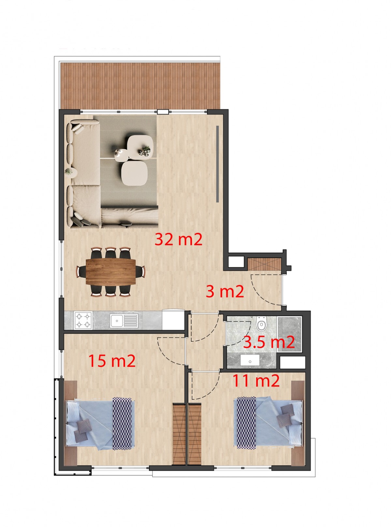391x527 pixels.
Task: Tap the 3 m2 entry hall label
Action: click(x=224, y=292)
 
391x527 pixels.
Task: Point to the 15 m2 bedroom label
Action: click(x=112, y=361)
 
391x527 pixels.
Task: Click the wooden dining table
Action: click(x=111, y=272)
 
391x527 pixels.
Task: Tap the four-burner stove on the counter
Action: click(x=83, y=321)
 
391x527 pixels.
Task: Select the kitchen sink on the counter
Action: click(x=124, y=321)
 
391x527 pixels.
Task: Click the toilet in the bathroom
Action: click(x=261, y=324)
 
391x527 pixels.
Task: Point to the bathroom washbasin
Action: click(x=250, y=360)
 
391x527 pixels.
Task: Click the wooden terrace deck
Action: click(x=140, y=86)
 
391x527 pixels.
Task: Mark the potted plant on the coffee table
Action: click(x=144, y=151)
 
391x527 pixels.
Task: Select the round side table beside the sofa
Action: click(x=71, y=171)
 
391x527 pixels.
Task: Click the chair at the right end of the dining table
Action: click(x=140, y=271)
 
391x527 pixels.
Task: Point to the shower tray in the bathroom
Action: click(x=290, y=334)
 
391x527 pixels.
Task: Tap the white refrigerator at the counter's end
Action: click(x=173, y=319)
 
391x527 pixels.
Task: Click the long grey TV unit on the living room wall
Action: click(x=217, y=164)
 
